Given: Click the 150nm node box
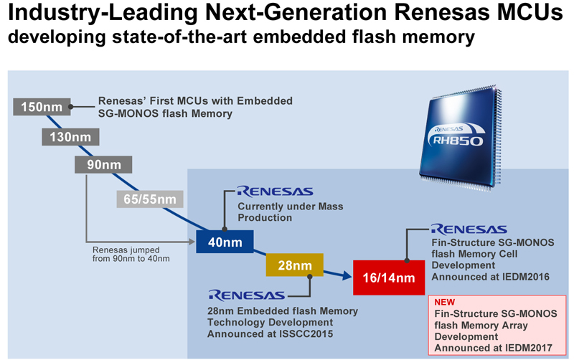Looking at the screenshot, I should (x=42, y=108).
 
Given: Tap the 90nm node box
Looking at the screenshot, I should (x=103, y=164).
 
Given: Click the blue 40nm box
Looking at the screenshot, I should (x=224, y=242).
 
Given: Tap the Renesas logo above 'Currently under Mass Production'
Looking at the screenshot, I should (x=274, y=191).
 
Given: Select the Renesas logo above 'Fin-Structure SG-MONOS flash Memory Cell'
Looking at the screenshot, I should (x=469, y=229).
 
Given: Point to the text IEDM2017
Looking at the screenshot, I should (x=529, y=347).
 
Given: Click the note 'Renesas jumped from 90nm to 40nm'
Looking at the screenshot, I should (x=131, y=254).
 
